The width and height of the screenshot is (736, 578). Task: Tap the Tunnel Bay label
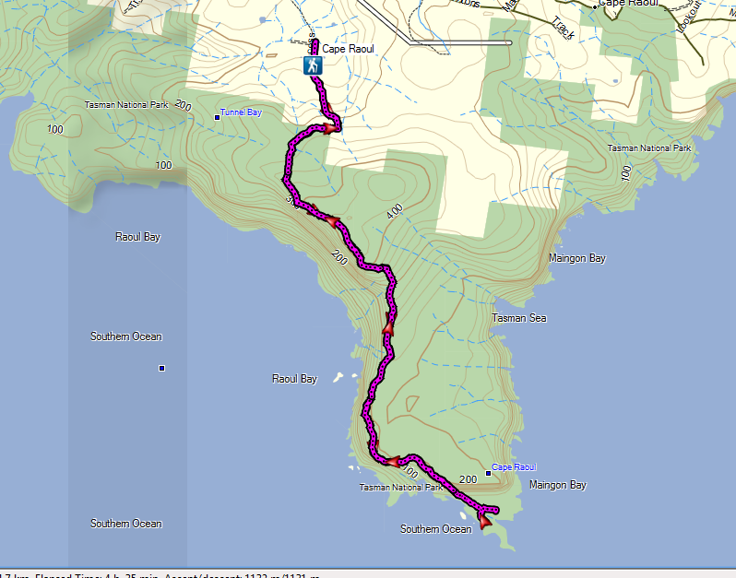click(241, 112)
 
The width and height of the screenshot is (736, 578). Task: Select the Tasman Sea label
click(519, 318)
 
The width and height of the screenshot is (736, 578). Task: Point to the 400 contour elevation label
click(395, 212)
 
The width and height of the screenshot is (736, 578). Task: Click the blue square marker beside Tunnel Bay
click(218, 116)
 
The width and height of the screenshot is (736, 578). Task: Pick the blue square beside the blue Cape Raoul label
click(488, 473)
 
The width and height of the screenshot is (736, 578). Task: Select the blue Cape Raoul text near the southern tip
click(515, 467)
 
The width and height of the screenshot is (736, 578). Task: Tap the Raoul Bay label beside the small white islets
click(294, 379)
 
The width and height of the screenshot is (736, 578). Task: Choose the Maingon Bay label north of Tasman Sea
click(576, 258)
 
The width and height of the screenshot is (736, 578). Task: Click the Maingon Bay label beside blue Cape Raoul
click(558, 485)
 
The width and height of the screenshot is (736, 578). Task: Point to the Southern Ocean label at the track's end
click(435, 529)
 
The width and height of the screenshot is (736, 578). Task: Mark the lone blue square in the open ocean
click(161, 369)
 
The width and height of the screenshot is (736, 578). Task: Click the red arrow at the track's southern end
click(485, 523)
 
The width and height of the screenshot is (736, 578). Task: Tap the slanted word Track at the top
click(564, 29)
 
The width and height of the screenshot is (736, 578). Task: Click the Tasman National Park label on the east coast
click(649, 148)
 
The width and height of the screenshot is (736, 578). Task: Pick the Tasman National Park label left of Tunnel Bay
click(126, 105)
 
